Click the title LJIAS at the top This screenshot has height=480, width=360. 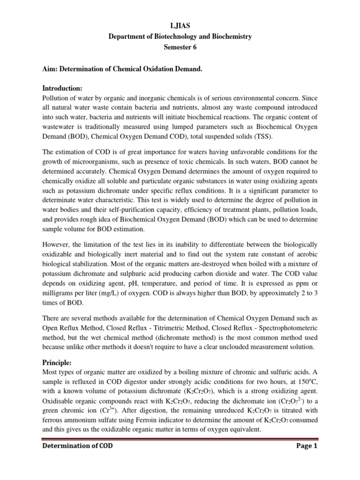pyautogui.click(x=180, y=25)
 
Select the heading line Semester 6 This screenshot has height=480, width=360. pyautogui.click(x=180, y=47)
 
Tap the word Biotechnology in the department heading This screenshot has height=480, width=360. pyautogui.click(x=165, y=36)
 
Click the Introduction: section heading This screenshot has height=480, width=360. pyautogui.click(x=62, y=89)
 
